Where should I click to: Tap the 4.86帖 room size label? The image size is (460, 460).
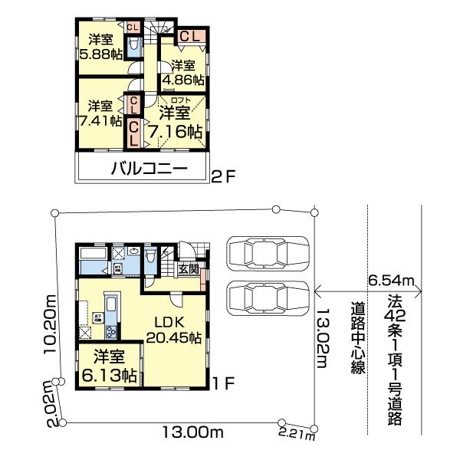[x=187, y=79]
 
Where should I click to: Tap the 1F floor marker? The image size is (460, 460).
[x=224, y=379]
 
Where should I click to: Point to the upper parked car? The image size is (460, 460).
[x=268, y=252]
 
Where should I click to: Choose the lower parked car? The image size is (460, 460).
[x=268, y=296]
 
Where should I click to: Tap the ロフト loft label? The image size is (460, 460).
[x=180, y=100]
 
